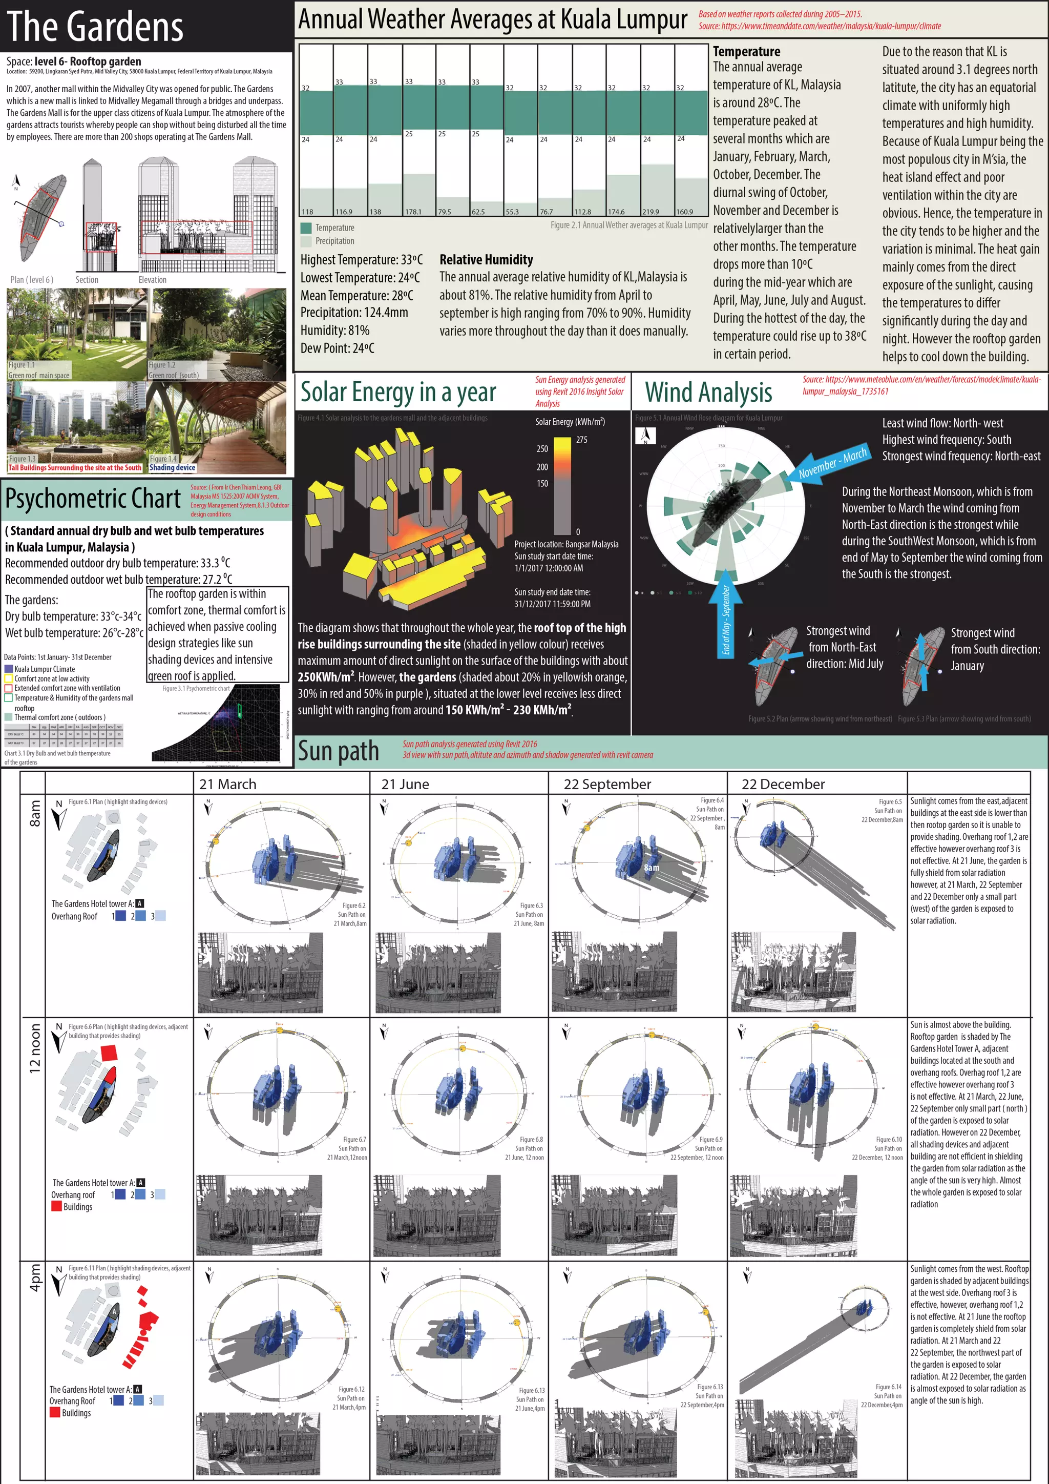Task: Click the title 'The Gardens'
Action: tap(95, 27)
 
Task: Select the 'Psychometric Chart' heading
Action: tap(93, 498)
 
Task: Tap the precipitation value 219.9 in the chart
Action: tap(651, 211)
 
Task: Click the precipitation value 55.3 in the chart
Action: tap(512, 211)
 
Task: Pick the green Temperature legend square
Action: tap(306, 228)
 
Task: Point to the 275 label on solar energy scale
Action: tap(581, 440)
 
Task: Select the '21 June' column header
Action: tap(405, 784)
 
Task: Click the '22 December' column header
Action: tap(783, 784)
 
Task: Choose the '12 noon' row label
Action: tap(35, 1048)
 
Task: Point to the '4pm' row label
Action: tap(35, 1278)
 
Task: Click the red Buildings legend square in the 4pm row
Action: tap(55, 1412)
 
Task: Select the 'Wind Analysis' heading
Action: tap(708, 393)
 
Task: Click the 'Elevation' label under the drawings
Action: tap(153, 280)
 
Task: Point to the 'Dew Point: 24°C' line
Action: tap(337, 348)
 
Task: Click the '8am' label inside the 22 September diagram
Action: tap(651, 868)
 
